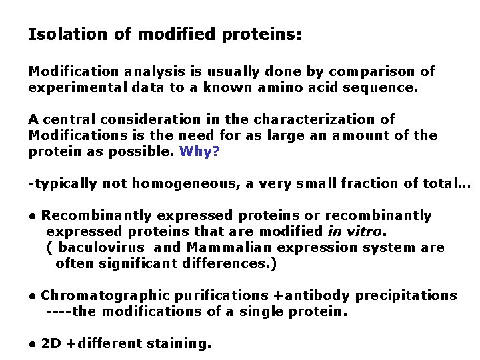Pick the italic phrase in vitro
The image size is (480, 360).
pos(355,232)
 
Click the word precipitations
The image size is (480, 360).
pos(407,295)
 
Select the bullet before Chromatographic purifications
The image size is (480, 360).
pos(32,296)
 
